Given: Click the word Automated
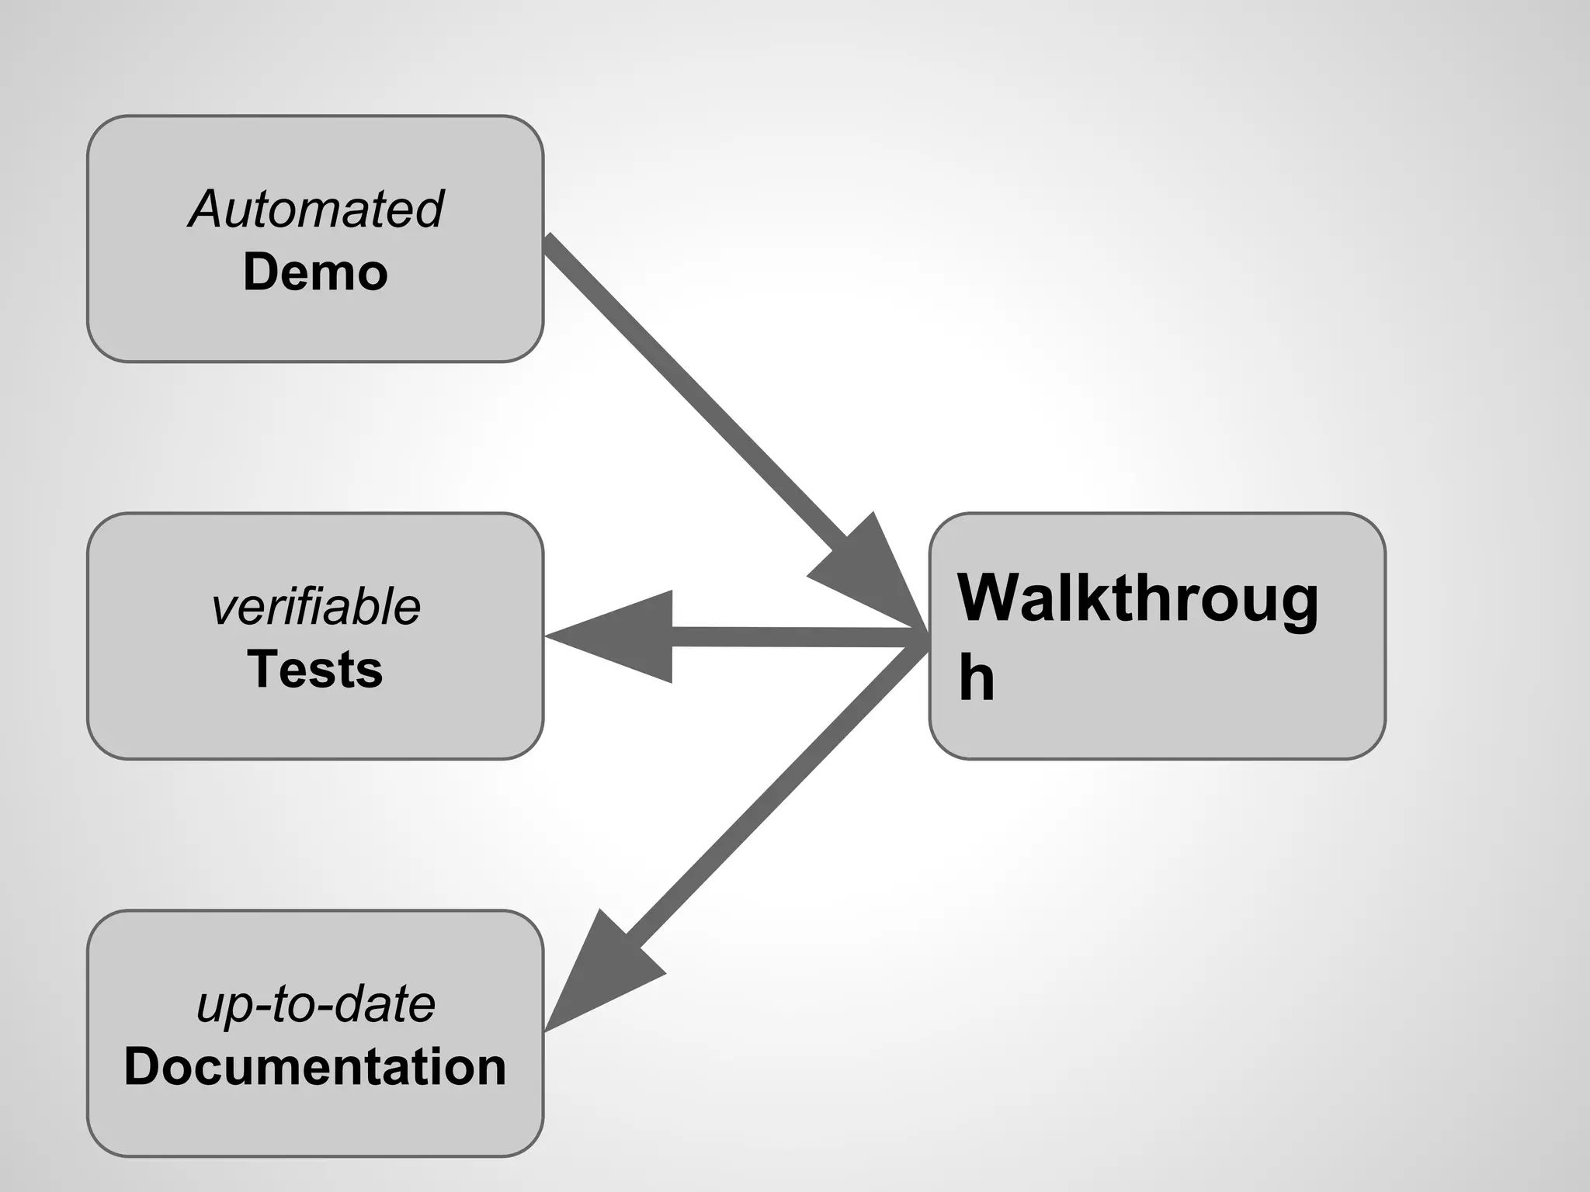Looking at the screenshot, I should click(x=315, y=210).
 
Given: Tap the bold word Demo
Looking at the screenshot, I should click(x=315, y=272).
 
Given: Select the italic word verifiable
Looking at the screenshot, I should click(x=315, y=607).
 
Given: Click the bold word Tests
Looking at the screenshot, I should click(x=315, y=669).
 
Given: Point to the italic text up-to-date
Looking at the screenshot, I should click(x=315, y=1004).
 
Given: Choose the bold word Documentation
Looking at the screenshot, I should click(x=315, y=1066).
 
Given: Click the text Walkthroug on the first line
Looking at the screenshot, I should click(x=1137, y=599).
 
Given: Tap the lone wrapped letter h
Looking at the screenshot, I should click(x=976, y=677).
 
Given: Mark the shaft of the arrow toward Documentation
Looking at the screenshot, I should click(x=769, y=799).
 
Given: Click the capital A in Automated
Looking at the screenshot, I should click(x=208, y=210).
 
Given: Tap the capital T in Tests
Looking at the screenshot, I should click(x=262, y=669).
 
